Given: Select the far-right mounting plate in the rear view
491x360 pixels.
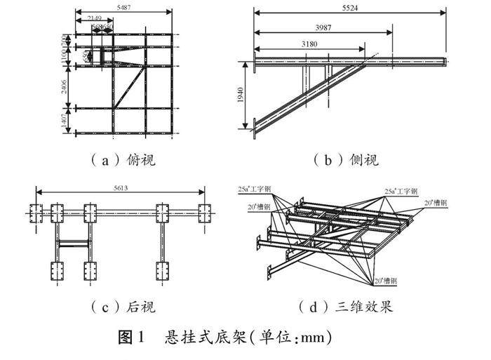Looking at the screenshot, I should point(204,211).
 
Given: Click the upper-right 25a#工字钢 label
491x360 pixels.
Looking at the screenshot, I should point(401,190).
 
